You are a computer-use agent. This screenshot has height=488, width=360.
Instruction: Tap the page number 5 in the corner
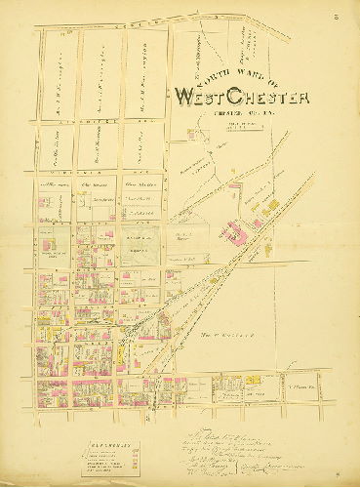334,16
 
